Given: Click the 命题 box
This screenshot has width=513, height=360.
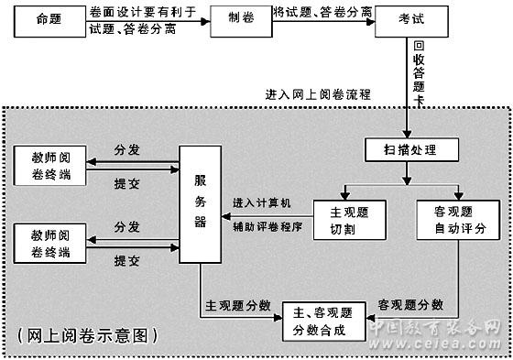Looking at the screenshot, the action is pyautogui.click(x=49, y=21).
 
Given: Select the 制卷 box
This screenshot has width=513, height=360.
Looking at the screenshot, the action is pyautogui.click(x=241, y=21).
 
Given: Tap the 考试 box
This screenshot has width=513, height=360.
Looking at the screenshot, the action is pyautogui.click(x=411, y=21).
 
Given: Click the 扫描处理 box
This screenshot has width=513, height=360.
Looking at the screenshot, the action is pyautogui.click(x=411, y=150).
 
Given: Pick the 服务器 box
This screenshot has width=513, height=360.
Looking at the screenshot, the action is pyautogui.click(x=201, y=204).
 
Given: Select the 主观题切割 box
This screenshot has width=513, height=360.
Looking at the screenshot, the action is pyautogui.click(x=349, y=220).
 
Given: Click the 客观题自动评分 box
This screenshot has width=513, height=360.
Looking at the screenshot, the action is pyautogui.click(x=458, y=220).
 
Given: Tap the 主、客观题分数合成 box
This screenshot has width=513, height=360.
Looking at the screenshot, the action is pyautogui.click(x=324, y=322).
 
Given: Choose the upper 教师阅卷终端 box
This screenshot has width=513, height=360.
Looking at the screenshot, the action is pyautogui.click(x=49, y=166).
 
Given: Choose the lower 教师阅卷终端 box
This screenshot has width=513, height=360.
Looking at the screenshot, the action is pyautogui.click(x=49, y=243).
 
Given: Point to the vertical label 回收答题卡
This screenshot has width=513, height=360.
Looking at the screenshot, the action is pyautogui.click(x=419, y=73).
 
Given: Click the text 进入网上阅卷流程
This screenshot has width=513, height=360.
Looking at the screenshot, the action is pyautogui.click(x=318, y=95).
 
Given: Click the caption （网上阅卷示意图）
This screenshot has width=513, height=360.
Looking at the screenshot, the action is pyautogui.click(x=88, y=335).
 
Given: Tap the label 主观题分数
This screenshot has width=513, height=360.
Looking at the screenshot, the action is pyautogui.click(x=238, y=305).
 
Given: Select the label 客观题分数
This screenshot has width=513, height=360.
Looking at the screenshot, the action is pyautogui.click(x=410, y=305).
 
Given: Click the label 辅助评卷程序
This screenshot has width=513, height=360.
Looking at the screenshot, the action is pyautogui.click(x=267, y=226).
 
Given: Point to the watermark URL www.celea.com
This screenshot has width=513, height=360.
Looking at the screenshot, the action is pyautogui.click(x=435, y=344).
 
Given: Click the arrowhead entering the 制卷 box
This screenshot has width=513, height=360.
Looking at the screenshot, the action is pyautogui.click(x=205, y=22).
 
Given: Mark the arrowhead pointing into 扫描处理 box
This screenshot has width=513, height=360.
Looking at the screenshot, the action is pyautogui.click(x=407, y=134).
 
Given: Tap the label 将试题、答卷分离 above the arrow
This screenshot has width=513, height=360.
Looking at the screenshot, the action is pyautogui.click(x=322, y=13).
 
